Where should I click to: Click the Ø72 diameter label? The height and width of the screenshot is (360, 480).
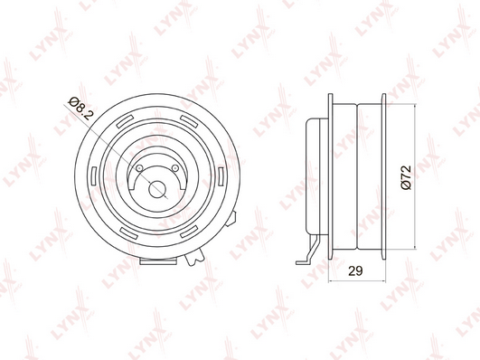point(406,177)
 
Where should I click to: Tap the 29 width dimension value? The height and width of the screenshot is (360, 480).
point(355,270)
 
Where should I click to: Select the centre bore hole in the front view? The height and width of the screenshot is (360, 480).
point(157,189)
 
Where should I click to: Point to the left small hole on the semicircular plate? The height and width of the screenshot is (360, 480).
point(139,167)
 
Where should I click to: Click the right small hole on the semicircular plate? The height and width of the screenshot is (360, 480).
point(175,167)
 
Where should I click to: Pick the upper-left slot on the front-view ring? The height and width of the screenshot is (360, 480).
point(126,121)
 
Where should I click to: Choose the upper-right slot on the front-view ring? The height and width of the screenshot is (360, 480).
point(189,121)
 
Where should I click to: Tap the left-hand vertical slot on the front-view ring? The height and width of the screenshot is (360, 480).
point(94,176)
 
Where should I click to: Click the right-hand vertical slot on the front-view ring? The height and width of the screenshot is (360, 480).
point(221,176)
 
